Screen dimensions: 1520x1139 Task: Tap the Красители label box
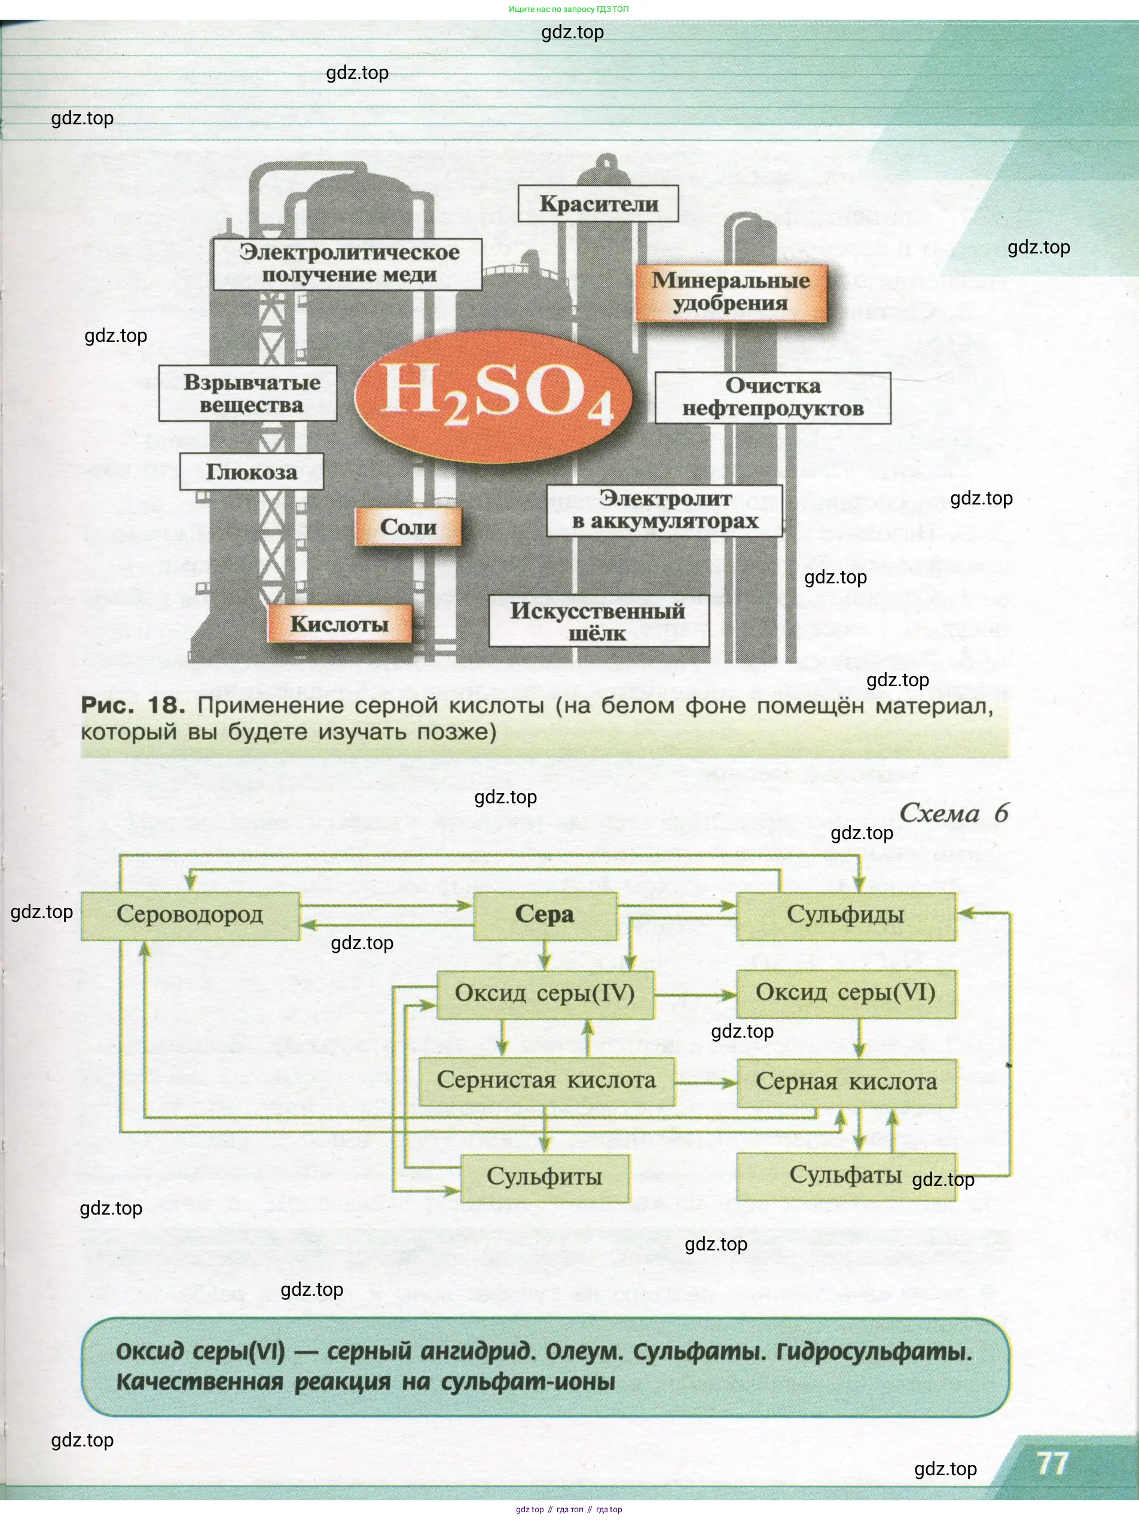(598, 203)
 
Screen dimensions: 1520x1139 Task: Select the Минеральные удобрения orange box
(731, 292)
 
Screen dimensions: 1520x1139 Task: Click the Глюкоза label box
(252, 472)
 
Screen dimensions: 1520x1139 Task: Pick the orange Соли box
(408, 527)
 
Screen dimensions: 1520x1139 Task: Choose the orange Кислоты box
(340, 623)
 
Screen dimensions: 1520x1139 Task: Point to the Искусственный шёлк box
(598, 621)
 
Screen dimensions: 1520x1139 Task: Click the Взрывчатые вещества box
(248, 393)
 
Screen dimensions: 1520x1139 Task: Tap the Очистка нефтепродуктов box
(772, 397)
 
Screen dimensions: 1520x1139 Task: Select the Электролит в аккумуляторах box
(665, 510)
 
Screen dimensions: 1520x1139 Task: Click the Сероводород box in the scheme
(190, 915)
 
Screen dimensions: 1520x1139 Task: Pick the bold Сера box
(545, 915)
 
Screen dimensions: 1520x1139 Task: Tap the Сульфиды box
(845, 915)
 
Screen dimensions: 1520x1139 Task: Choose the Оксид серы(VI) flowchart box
(845, 993)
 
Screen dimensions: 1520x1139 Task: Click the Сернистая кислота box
(546, 1081)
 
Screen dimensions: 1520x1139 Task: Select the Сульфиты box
(545, 1177)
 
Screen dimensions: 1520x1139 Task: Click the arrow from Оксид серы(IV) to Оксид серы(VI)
(694, 995)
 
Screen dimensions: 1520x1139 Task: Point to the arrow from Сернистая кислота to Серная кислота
(706, 1083)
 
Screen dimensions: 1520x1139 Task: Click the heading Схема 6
(954, 813)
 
